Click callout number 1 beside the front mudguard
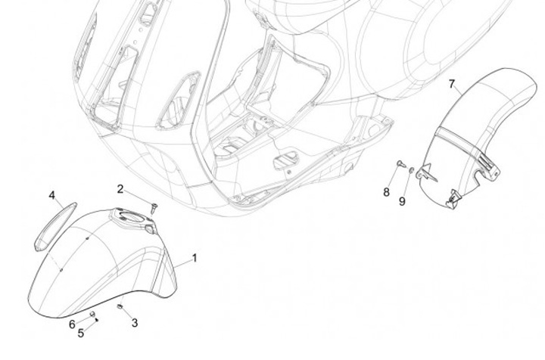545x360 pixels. pyautogui.click(x=195, y=258)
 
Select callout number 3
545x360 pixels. pyautogui.click(x=135, y=323)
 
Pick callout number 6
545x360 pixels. pyautogui.click(x=73, y=324)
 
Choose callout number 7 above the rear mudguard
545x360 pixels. pyautogui.click(x=452, y=82)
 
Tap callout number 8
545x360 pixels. pyautogui.click(x=386, y=192)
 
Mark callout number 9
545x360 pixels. pyautogui.click(x=403, y=200)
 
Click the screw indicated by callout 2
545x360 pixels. pyautogui.click(x=152, y=206)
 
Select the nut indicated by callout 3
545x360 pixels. pyautogui.click(x=120, y=306)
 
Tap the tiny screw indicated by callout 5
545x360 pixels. pyautogui.click(x=96, y=320)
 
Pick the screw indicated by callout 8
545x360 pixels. pyautogui.click(x=400, y=163)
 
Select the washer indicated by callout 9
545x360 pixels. pyautogui.click(x=411, y=171)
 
